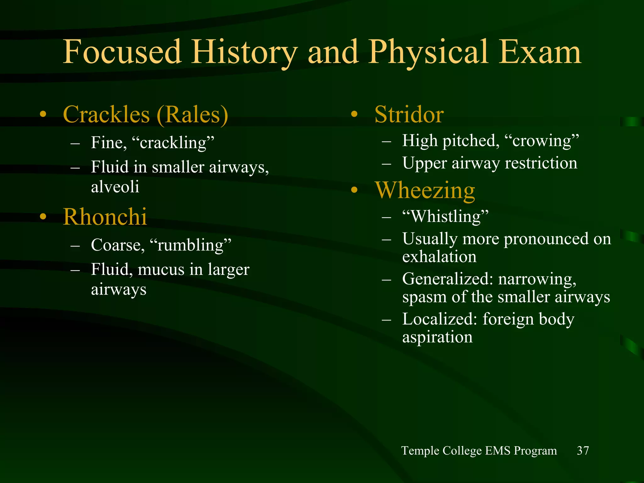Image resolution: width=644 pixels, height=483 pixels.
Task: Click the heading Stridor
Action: click(x=409, y=114)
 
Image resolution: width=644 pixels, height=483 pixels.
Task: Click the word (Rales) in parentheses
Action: click(x=192, y=114)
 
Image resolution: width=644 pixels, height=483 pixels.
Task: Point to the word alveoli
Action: click(x=115, y=187)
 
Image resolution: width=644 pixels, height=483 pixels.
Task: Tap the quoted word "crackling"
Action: click(x=173, y=143)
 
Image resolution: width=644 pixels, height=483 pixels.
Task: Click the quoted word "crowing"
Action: click(x=542, y=141)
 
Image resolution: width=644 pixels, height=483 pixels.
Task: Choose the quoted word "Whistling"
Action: click(x=446, y=216)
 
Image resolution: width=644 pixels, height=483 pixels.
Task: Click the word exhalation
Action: click(x=439, y=257)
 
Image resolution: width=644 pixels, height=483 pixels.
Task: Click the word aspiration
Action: click(x=437, y=337)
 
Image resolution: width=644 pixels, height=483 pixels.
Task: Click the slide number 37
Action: click(x=583, y=451)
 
